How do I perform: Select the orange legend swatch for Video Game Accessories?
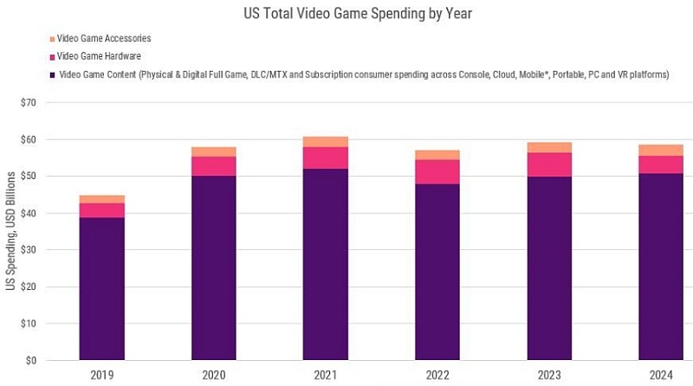point(52,39)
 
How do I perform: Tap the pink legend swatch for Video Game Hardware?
point(52,57)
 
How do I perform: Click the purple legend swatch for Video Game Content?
point(52,75)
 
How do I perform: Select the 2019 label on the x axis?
point(101,375)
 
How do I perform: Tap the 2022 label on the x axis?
point(437,375)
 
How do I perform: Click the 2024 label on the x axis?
point(660,375)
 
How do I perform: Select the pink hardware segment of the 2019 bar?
point(101,210)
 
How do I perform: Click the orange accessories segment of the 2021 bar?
point(325,141)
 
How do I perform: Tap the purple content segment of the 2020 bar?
point(213,267)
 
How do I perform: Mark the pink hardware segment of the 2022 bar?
point(437,171)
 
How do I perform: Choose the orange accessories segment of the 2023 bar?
point(548,147)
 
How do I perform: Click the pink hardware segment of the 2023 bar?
point(548,164)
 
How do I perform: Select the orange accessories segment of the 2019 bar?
point(101,199)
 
